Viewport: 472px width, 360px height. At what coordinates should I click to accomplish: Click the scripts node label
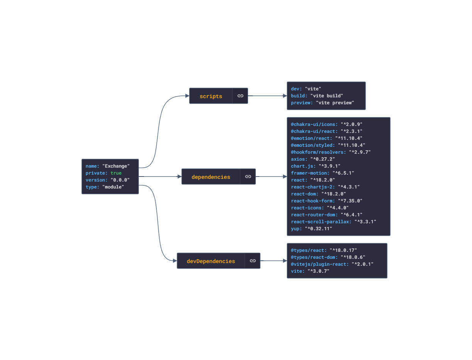(x=211, y=96)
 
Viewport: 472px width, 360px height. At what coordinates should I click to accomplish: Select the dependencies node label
(x=211, y=177)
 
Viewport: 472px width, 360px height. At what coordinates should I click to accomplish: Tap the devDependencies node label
(x=211, y=261)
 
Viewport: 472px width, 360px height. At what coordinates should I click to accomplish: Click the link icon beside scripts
(x=240, y=96)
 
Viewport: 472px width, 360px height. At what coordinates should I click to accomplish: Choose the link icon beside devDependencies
(x=252, y=261)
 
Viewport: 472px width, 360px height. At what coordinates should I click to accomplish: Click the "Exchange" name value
(x=116, y=166)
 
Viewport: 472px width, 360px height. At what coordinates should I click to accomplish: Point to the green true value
(x=116, y=173)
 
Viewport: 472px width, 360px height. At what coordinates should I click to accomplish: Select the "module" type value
(x=113, y=187)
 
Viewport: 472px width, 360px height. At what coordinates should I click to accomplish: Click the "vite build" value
(x=327, y=96)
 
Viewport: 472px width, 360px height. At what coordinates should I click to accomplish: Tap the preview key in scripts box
(x=302, y=103)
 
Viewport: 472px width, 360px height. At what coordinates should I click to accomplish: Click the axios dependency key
(x=299, y=159)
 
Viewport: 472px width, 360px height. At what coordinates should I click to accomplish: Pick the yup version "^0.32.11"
(x=318, y=229)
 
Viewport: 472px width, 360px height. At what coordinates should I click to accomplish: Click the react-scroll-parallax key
(x=321, y=222)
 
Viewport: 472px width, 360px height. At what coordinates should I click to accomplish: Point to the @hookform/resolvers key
(x=318, y=152)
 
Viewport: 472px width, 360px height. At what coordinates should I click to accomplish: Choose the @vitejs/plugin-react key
(x=320, y=264)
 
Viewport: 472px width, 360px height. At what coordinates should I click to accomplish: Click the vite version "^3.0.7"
(x=318, y=271)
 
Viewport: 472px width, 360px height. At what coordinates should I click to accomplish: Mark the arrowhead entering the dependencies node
(x=179, y=177)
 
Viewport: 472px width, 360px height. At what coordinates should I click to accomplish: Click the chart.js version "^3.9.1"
(x=329, y=166)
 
